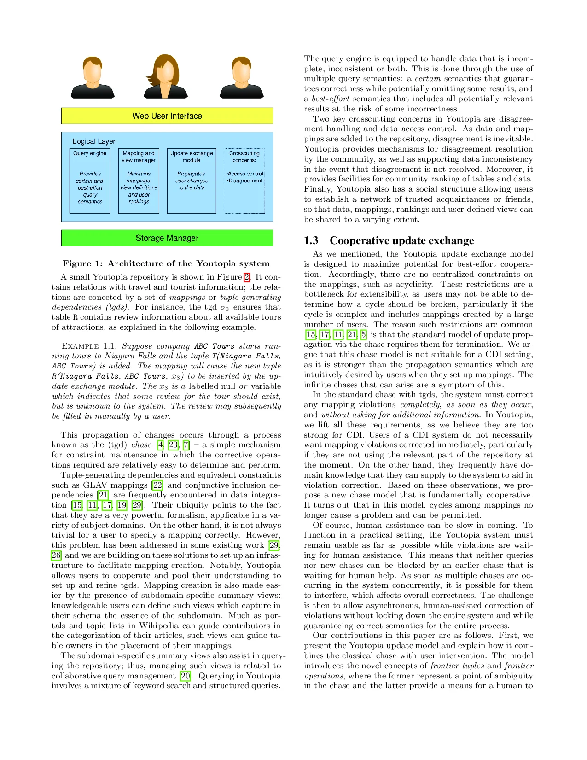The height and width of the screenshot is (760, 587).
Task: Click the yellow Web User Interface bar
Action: tap(167, 116)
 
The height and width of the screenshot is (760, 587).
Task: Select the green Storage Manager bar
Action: tap(167, 238)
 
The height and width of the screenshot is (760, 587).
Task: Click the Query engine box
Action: tap(90, 181)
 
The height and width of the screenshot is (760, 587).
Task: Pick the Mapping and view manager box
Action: tap(139, 181)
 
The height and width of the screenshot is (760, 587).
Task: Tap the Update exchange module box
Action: tap(192, 181)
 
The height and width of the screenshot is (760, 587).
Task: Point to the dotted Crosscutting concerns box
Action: tap(244, 181)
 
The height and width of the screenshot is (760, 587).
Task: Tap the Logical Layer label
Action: tap(94, 141)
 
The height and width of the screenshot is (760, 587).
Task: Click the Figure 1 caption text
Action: tap(166, 263)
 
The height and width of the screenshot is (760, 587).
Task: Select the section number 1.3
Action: tap(311, 240)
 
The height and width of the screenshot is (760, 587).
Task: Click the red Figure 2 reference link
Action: tap(247, 277)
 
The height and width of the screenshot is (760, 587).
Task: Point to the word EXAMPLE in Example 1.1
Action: tap(80, 346)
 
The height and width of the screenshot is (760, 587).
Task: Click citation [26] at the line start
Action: tap(56, 555)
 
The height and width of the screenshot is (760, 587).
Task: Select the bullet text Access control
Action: tap(245, 174)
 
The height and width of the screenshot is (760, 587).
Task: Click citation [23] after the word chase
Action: tap(173, 445)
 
